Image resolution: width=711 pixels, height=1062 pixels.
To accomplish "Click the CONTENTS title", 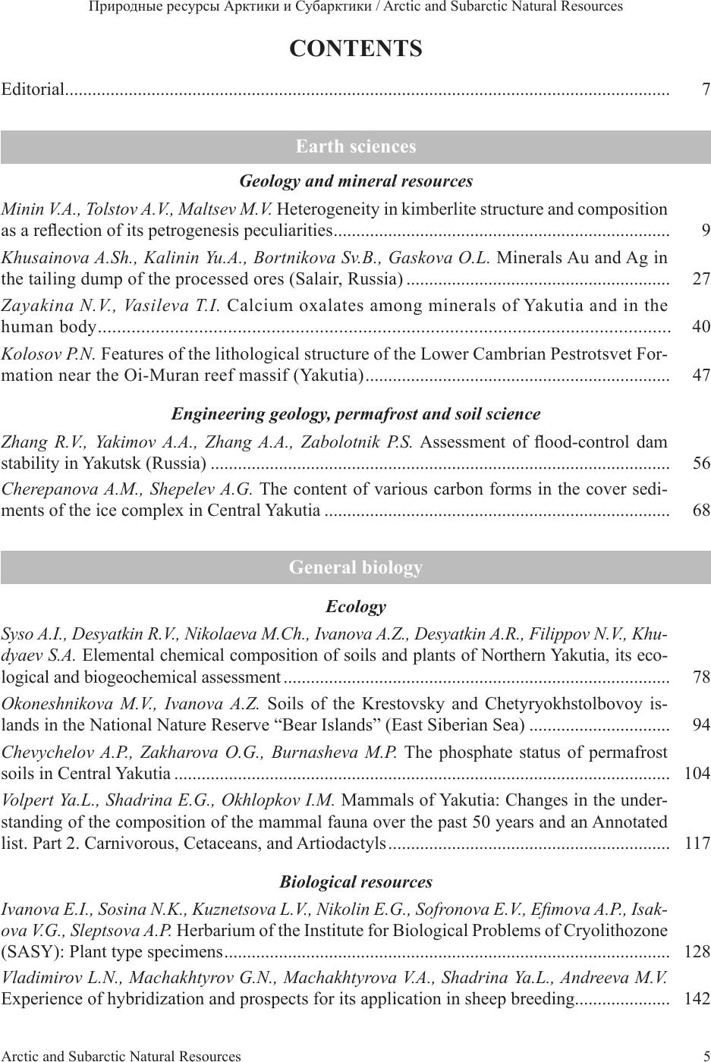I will [x=355, y=49].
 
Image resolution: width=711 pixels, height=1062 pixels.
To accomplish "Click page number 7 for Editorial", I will [x=706, y=90].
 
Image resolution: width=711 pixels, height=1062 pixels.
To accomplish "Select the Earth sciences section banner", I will [x=355, y=146].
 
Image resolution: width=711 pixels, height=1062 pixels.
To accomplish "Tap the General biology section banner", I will [x=355, y=567].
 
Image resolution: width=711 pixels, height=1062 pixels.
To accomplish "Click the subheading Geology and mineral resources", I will [x=355, y=181].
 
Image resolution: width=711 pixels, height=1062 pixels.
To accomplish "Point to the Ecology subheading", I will [x=355, y=607].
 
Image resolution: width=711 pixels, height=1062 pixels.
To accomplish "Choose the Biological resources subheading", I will [x=355, y=882].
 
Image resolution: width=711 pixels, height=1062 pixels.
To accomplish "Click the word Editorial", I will [x=33, y=90].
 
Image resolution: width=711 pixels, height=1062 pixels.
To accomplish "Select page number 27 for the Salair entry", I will [x=701, y=279].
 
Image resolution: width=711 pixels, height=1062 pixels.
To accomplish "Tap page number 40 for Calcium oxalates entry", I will [x=701, y=327].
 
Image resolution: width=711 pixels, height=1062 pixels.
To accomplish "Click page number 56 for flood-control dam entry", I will [x=701, y=463].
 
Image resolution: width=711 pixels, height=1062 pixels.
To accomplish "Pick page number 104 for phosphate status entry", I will [x=697, y=774].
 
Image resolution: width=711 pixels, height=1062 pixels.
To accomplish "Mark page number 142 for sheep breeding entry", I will [x=697, y=999].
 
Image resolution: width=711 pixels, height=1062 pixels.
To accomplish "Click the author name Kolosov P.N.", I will [x=49, y=354].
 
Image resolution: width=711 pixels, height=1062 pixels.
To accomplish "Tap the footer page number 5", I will [x=706, y=1055].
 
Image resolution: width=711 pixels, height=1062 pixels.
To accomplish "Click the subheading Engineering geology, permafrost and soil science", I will [x=355, y=414].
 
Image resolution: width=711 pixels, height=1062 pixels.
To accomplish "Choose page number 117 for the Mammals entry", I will [x=697, y=843].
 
